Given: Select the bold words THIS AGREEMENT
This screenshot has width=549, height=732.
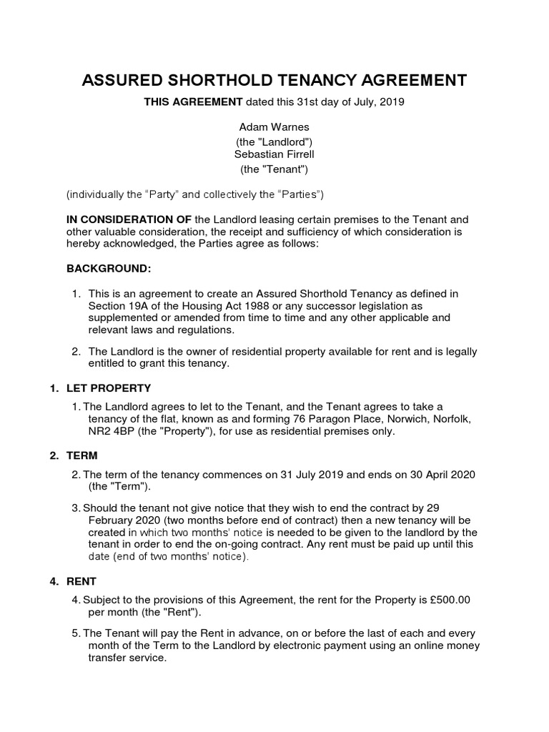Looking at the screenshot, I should click(193, 102).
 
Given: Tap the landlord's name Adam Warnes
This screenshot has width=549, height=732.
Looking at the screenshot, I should click(274, 127).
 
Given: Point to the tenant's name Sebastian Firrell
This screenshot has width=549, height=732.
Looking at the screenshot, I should click(274, 154).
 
